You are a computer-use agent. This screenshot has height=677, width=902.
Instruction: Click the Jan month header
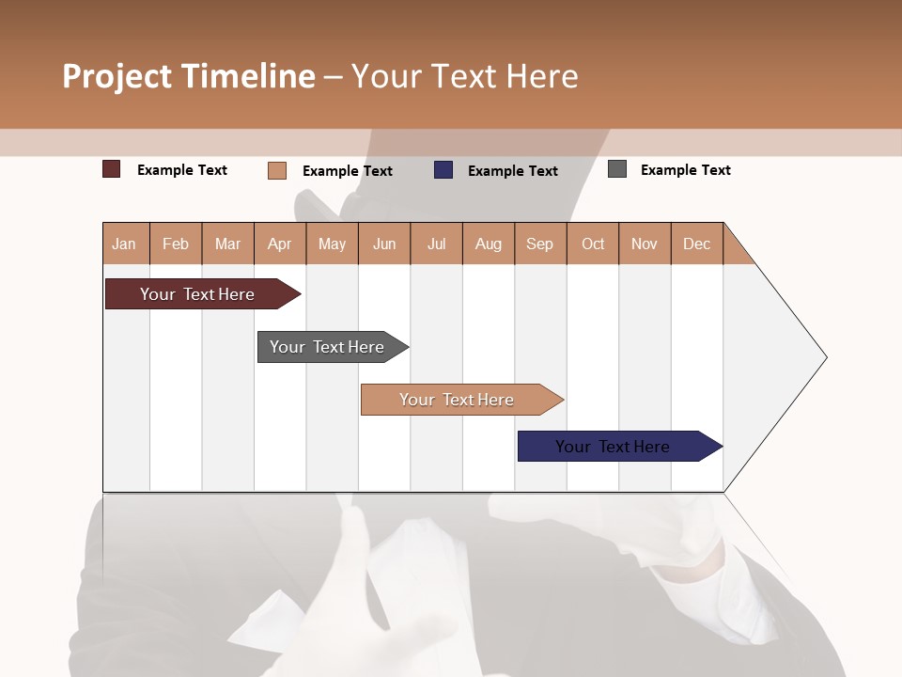coord(124,244)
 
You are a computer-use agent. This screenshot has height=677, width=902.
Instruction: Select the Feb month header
coord(176,244)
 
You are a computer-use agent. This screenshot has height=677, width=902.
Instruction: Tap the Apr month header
coord(279,244)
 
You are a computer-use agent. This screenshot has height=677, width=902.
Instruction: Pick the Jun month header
coord(384,244)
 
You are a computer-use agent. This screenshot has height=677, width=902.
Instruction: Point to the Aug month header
coord(488,244)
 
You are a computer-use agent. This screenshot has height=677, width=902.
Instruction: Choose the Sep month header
coord(539,244)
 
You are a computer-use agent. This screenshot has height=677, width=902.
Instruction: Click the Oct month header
coord(593,244)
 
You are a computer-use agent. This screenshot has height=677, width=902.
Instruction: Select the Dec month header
coord(696,244)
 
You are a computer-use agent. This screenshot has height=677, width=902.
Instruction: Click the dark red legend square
coord(112,169)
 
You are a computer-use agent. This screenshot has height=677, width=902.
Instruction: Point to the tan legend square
coord(277,170)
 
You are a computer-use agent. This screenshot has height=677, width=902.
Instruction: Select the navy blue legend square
coord(443,170)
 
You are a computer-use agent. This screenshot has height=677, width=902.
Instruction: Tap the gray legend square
coord(617,169)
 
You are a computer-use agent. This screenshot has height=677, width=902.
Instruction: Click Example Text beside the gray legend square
coord(685,170)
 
